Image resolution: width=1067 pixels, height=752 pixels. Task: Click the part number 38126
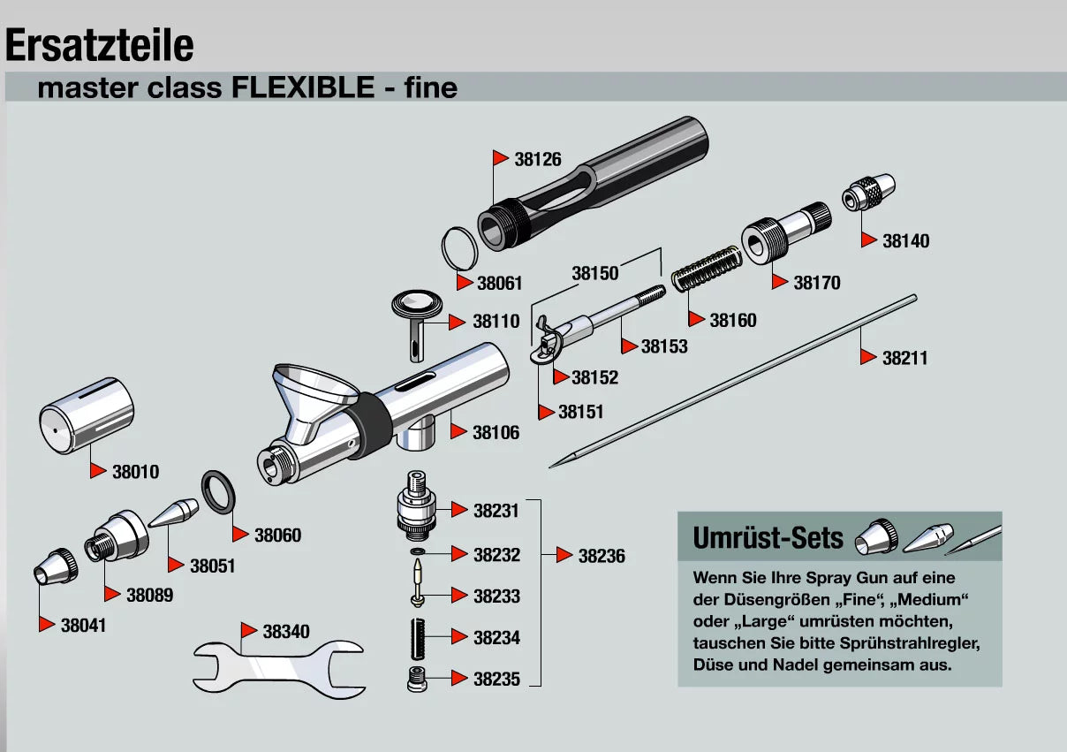(x=538, y=160)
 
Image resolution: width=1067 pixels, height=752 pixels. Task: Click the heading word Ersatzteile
(x=100, y=45)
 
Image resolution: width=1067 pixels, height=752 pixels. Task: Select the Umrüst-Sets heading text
(x=768, y=537)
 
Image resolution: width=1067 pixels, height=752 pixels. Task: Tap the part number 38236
(x=602, y=556)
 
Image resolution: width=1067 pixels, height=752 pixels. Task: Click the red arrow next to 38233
(x=458, y=596)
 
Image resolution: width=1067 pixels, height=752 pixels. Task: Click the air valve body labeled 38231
(x=415, y=506)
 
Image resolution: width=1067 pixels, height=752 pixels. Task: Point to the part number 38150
(x=595, y=273)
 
